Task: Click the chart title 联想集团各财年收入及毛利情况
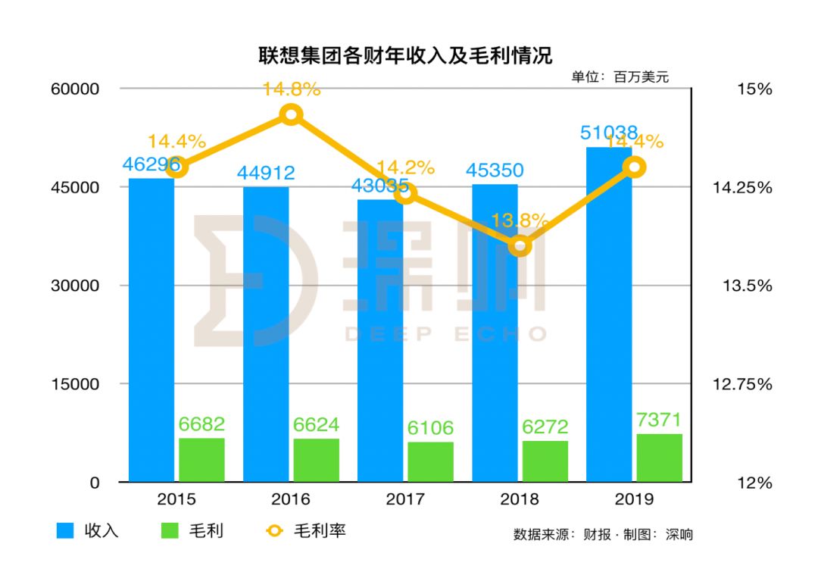(405, 55)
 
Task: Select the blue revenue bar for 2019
(609, 314)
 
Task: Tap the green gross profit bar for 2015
(202, 460)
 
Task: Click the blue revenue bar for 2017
(379, 340)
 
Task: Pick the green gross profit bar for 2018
(545, 461)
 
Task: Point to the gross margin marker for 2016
(291, 114)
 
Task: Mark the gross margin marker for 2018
(520, 245)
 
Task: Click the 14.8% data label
(291, 89)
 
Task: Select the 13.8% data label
(520, 220)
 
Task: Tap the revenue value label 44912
(266, 173)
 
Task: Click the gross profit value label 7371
(660, 420)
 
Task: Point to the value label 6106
(430, 428)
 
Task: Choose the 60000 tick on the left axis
(75, 89)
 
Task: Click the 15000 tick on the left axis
(75, 384)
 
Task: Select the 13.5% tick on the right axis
(747, 286)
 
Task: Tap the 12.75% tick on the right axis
(742, 384)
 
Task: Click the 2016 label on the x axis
(291, 499)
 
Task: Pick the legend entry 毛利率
(306, 531)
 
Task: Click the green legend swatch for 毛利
(170, 531)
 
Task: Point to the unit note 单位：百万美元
(620, 77)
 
